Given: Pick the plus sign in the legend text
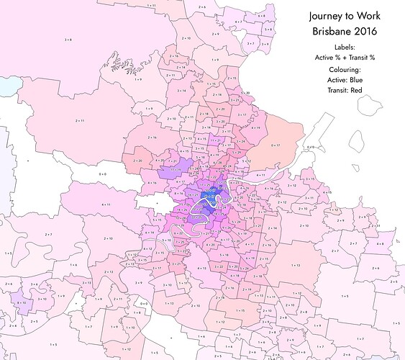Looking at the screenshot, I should tap(347, 56).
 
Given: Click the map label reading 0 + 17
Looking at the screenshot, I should tap(274, 145).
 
